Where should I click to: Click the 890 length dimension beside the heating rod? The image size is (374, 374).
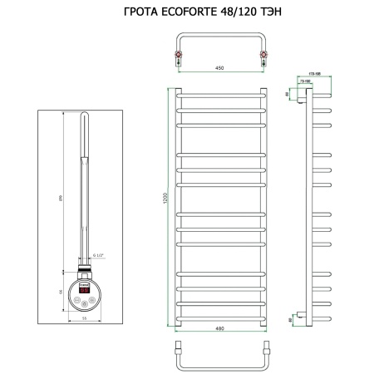(65, 196)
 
